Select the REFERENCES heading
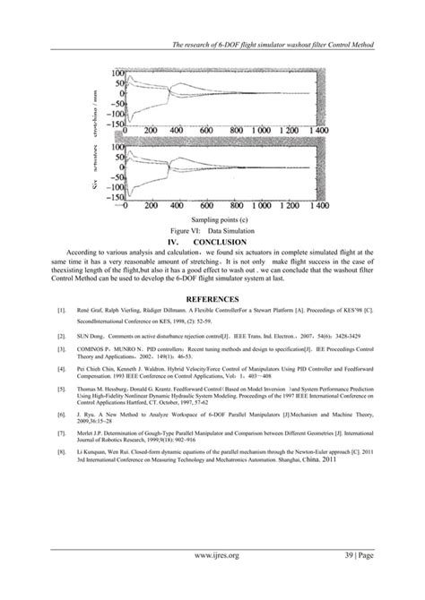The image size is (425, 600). pyautogui.click(x=212, y=299)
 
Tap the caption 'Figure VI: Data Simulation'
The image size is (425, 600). pyautogui.click(x=212, y=230)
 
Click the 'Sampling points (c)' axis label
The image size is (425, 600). pyautogui.click(x=212, y=219)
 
